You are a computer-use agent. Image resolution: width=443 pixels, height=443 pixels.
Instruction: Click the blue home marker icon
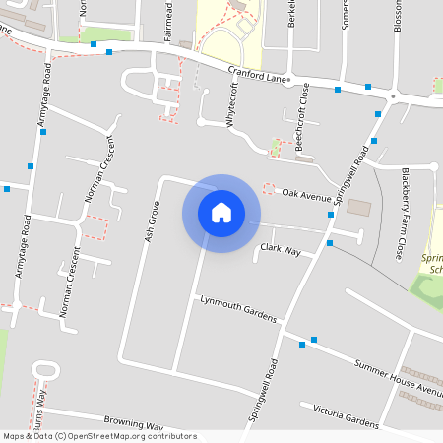coord(221,213)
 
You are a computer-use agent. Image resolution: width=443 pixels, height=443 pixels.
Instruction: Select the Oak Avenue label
coord(306,194)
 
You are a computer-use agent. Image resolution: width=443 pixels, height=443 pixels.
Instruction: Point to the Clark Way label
coord(281,251)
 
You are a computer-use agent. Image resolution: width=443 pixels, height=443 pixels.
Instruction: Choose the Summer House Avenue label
coord(399,377)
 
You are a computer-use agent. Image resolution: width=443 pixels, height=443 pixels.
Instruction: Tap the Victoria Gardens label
coord(346,416)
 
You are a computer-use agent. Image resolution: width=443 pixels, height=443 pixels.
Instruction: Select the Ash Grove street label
coord(152,222)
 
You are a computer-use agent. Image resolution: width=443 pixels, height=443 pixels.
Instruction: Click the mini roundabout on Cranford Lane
coord(393,96)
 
